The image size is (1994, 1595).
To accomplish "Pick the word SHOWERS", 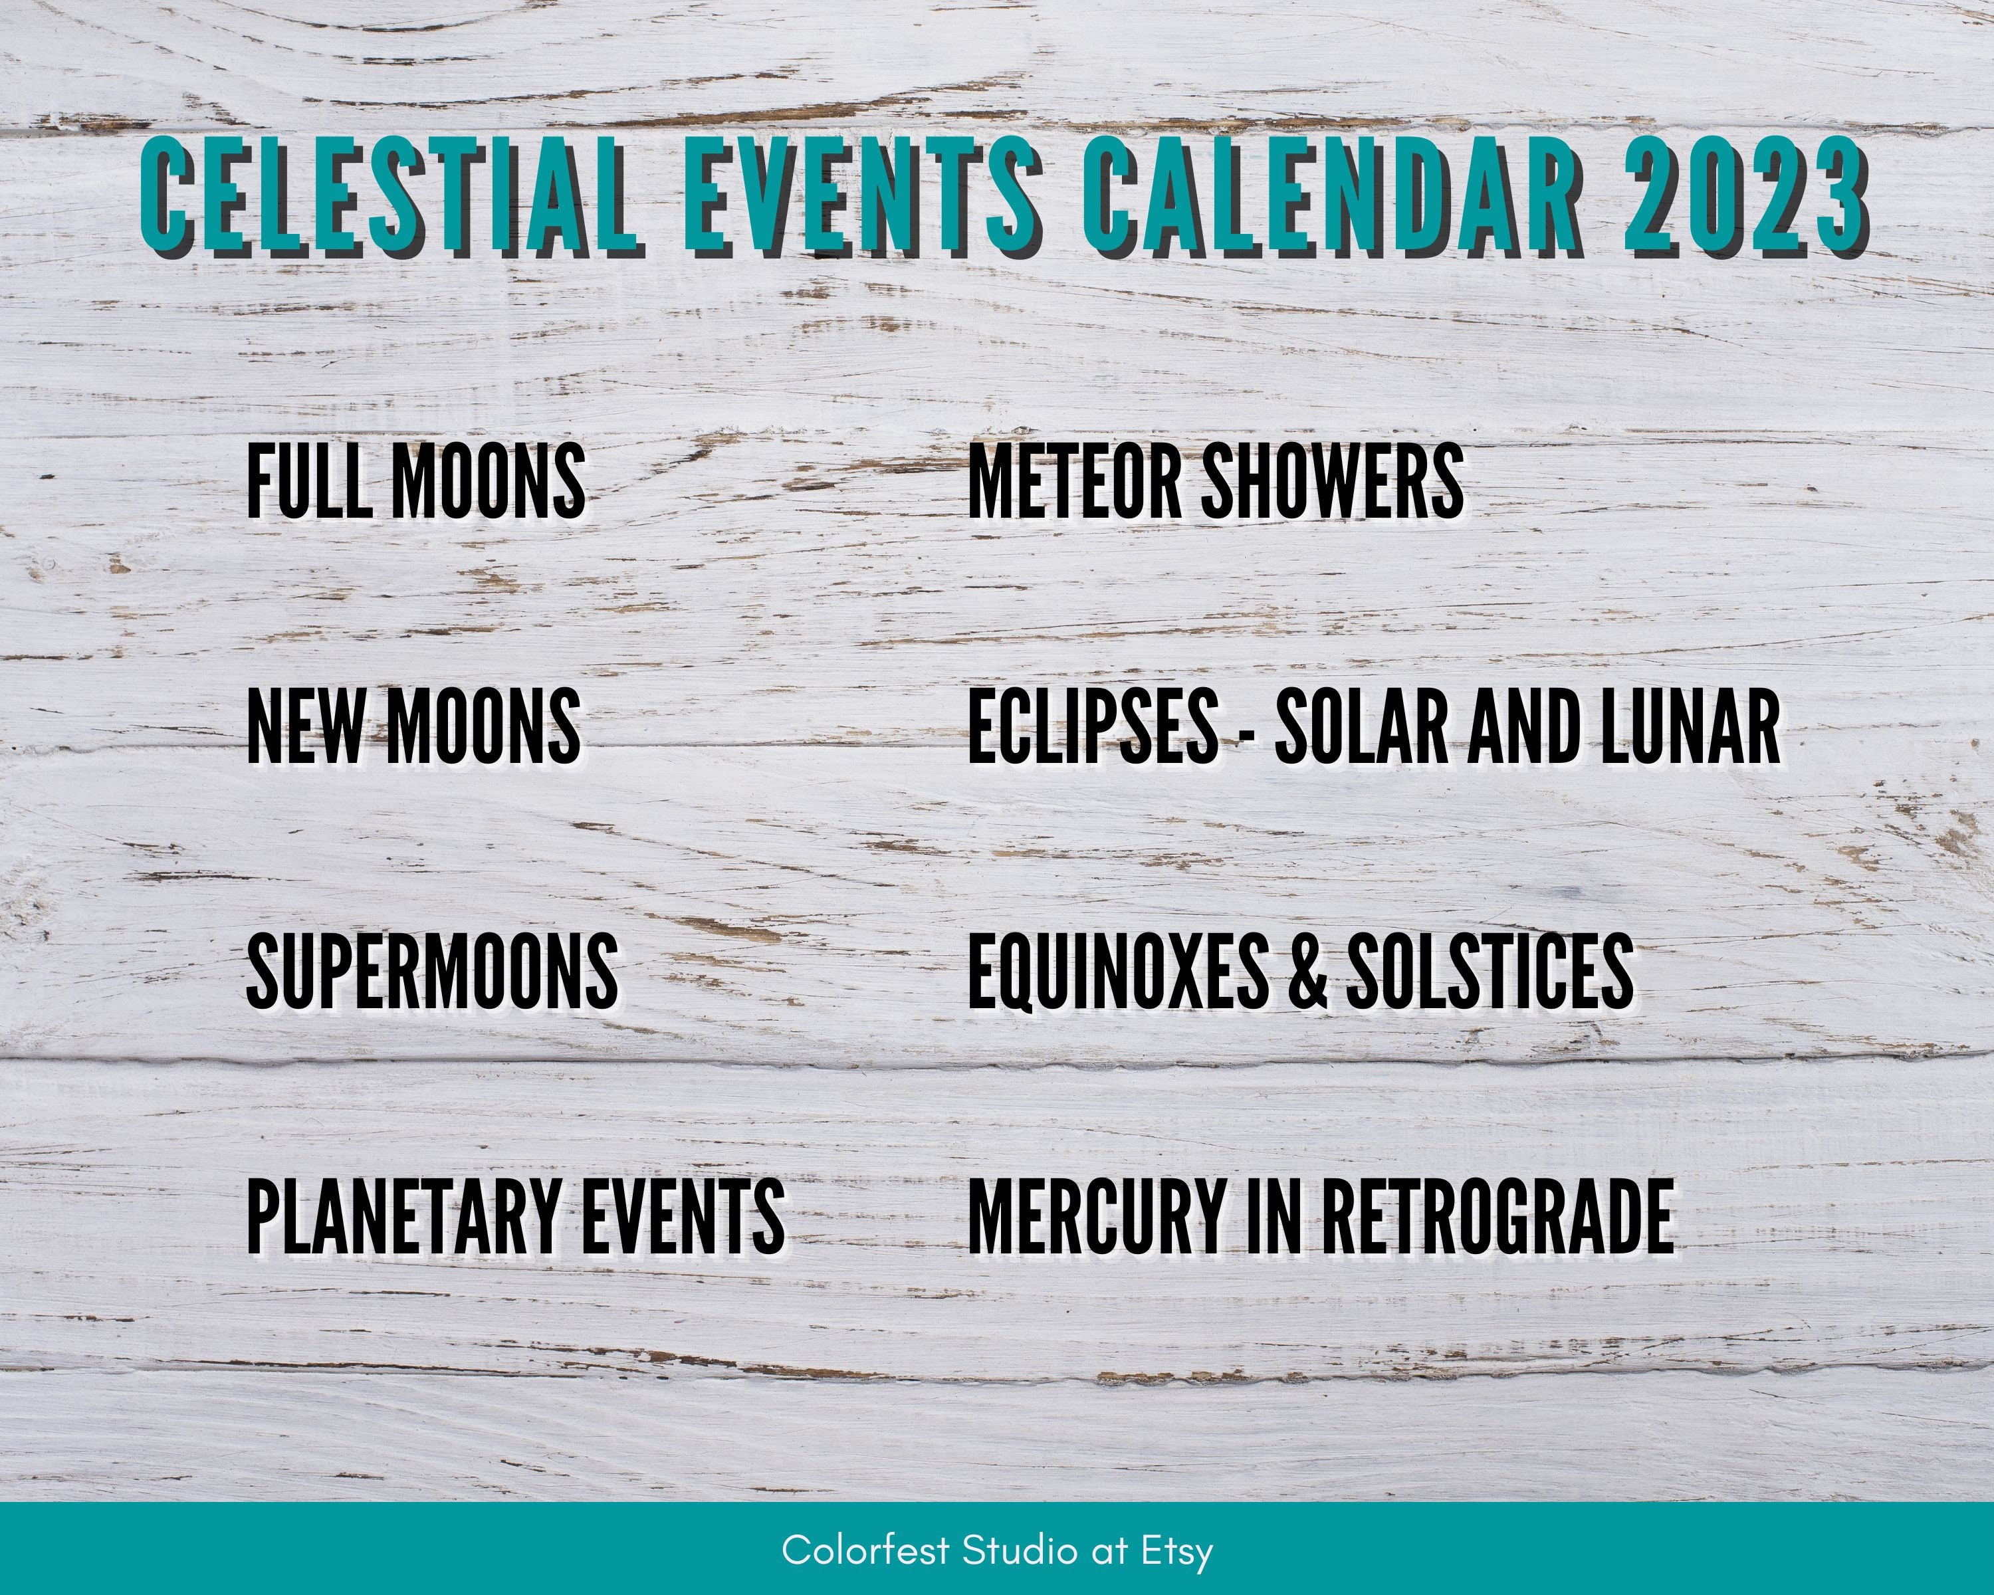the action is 1333,480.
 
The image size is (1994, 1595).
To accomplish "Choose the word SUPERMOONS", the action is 433,971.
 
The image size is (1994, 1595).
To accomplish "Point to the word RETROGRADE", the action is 1497,1217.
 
